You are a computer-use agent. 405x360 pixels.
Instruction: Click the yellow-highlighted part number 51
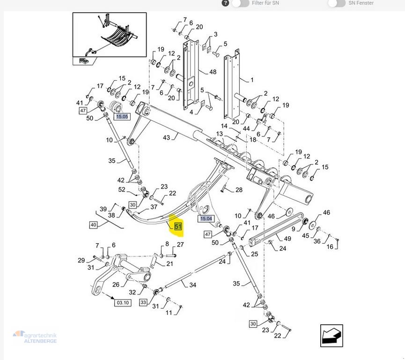178,227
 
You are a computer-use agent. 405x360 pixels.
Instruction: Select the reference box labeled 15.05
122,116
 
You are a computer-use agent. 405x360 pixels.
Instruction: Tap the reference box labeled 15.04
206,218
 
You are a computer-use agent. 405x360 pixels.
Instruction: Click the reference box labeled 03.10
123,303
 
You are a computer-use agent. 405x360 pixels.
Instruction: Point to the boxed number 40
93,225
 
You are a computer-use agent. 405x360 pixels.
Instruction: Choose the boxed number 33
143,303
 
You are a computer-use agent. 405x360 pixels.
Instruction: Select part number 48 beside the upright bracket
213,72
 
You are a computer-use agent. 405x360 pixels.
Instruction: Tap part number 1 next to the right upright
252,80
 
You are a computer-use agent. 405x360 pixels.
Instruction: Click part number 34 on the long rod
192,285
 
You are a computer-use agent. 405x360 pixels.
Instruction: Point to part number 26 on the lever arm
116,284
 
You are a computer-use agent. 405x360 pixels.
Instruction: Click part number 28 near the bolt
239,190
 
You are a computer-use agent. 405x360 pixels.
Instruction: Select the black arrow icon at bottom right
331,336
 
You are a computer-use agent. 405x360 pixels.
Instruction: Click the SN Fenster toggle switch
337,3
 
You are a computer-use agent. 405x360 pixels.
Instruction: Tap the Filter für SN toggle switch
240,3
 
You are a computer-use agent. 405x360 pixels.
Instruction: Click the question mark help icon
225,3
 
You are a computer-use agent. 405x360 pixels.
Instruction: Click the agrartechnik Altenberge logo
35,337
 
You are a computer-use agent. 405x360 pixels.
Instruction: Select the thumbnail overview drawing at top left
107,39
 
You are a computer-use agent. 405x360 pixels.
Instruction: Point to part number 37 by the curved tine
154,207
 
